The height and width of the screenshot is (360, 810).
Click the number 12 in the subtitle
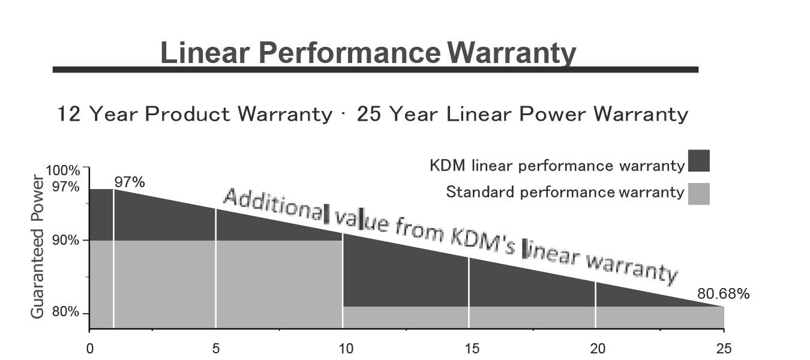click(69, 113)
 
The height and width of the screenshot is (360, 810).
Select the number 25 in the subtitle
click(369, 113)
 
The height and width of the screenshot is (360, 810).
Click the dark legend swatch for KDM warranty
click(699, 161)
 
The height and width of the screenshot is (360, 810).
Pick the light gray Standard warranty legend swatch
click(699, 194)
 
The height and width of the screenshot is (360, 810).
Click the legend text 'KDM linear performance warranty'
click(557, 166)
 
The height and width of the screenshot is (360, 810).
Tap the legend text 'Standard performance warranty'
click(565, 192)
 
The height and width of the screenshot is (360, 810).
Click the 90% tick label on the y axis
click(66, 241)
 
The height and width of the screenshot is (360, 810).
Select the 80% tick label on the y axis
click(66, 313)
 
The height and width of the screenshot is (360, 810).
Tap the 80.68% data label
click(723, 294)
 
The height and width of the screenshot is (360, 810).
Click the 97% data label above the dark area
click(130, 182)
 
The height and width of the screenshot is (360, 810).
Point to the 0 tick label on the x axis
click(89, 349)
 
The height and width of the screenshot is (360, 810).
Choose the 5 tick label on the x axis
click(216, 349)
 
